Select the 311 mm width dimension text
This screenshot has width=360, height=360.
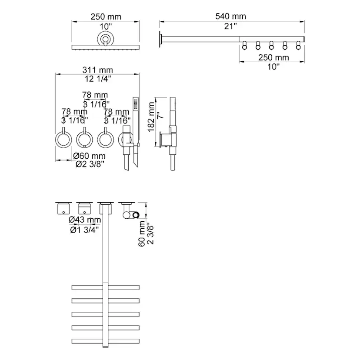[x=98, y=70]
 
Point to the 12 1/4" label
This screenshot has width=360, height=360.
[x=98, y=79]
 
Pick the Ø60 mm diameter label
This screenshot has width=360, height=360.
[x=89, y=156]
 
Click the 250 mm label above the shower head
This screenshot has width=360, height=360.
[x=106, y=17]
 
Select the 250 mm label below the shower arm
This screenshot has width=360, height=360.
[x=274, y=57]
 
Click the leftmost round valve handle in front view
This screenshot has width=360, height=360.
[x=63, y=139]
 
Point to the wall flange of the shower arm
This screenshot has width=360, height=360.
[x=160, y=40]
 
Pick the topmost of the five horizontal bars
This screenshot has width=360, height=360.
[x=105, y=287]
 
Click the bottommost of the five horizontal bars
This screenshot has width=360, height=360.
[x=105, y=340]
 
